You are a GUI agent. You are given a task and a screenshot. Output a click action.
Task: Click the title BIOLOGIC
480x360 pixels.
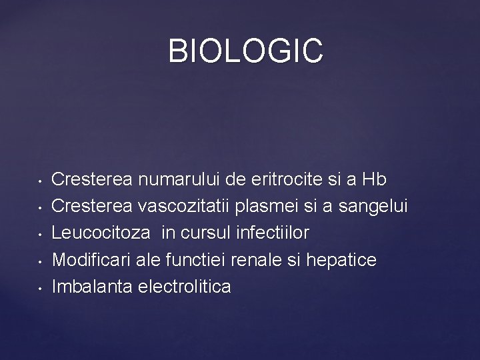(x=245, y=51)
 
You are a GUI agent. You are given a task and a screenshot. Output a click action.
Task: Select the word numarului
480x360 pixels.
(x=177, y=179)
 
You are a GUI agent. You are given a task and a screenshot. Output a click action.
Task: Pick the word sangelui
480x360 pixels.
(x=373, y=207)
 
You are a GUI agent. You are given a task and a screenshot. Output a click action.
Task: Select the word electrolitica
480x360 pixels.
(x=184, y=287)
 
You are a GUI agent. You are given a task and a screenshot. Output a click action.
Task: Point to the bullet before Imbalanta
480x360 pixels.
(x=41, y=289)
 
